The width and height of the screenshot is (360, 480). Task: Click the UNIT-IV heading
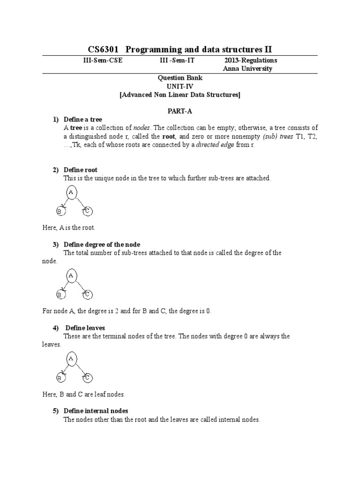pos(180,86)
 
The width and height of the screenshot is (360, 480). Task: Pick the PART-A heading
pos(180,111)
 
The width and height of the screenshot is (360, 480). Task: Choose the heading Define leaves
pos(85,328)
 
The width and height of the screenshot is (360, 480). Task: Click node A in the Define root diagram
pos(71,193)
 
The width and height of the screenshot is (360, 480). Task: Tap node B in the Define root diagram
pos(60,212)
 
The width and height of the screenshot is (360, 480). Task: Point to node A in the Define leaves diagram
pos(71,359)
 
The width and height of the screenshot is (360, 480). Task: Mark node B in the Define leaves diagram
pos(60,377)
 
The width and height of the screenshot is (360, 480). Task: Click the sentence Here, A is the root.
pos(68,228)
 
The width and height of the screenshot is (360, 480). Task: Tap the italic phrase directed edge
pos(202,145)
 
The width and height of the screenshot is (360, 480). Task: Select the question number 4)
pos(55,328)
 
